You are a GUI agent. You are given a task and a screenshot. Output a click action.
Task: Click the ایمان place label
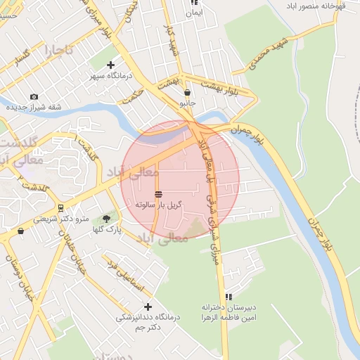click(193, 12)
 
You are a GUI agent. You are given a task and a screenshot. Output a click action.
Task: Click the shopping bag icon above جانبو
click(187, 92)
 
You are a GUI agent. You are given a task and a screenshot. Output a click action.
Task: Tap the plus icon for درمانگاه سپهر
click(110, 65)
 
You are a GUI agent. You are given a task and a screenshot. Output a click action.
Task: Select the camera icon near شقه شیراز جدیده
click(34, 97)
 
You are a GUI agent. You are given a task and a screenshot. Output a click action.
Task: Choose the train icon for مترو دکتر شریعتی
click(61, 207)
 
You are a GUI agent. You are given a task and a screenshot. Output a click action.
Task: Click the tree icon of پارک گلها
click(107, 219)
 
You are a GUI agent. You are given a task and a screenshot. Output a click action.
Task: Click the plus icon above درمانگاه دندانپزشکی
click(148, 307)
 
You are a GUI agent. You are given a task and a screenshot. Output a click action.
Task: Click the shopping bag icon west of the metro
click(20, 231)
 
